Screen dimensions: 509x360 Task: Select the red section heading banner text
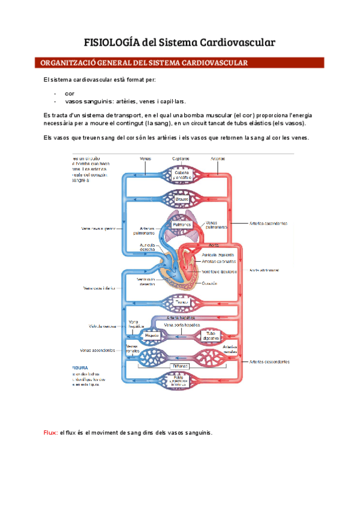pyautogui.click(x=144, y=62)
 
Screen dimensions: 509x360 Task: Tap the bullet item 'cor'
pyautogui.click(x=70, y=94)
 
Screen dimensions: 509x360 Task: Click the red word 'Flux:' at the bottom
pyautogui.click(x=50, y=433)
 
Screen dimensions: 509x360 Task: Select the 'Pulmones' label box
pyautogui.click(x=181, y=224)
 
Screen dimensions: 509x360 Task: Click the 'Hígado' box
pyautogui.click(x=143, y=335)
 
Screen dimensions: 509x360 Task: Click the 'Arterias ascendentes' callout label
pyautogui.click(x=268, y=223)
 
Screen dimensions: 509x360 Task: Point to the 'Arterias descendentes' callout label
pyautogui.click(x=269, y=362)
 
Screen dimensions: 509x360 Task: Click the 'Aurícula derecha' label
pyautogui.click(x=148, y=247)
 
